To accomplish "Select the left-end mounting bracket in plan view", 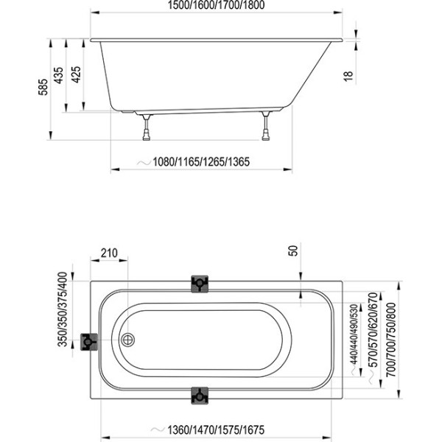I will (x=89, y=342).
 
